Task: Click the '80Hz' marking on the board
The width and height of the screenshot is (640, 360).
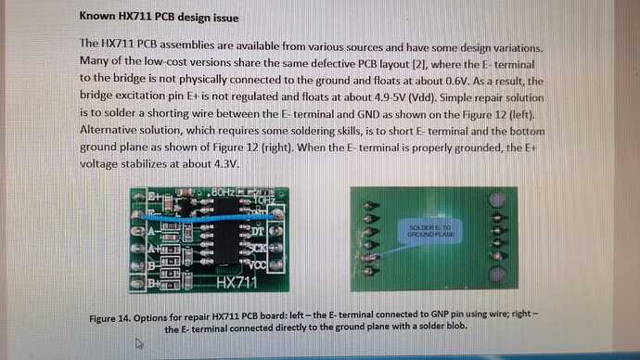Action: (x=225, y=192)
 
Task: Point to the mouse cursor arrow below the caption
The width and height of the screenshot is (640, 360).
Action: (x=139, y=343)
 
